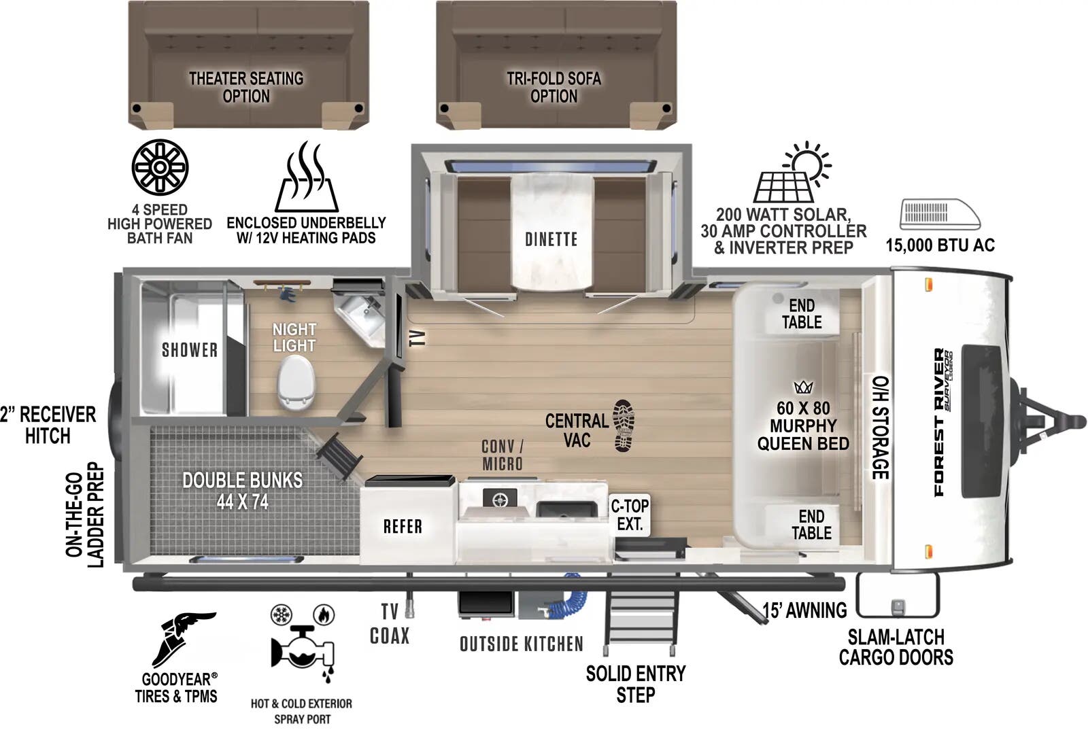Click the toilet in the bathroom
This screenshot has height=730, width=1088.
coord(296,383)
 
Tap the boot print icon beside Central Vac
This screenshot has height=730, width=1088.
coord(624,425)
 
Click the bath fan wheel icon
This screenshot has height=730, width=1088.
coord(160,167)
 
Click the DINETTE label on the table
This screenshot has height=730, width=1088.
coord(551,239)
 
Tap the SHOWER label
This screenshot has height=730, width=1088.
coord(190,350)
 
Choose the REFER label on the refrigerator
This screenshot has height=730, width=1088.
coord(403,526)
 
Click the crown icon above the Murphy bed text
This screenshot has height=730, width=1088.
coord(803,387)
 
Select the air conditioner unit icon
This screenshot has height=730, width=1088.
coord(939,214)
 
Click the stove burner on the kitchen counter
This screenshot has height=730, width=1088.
coord(499,499)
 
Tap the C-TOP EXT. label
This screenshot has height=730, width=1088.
coord(630,515)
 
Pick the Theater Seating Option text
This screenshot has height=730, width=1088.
coord(246,88)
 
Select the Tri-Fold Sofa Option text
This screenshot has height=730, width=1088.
coord(554,88)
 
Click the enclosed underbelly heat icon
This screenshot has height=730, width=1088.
coord(307,177)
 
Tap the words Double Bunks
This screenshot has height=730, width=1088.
coord(242,480)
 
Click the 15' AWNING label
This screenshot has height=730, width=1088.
coord(804,610)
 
